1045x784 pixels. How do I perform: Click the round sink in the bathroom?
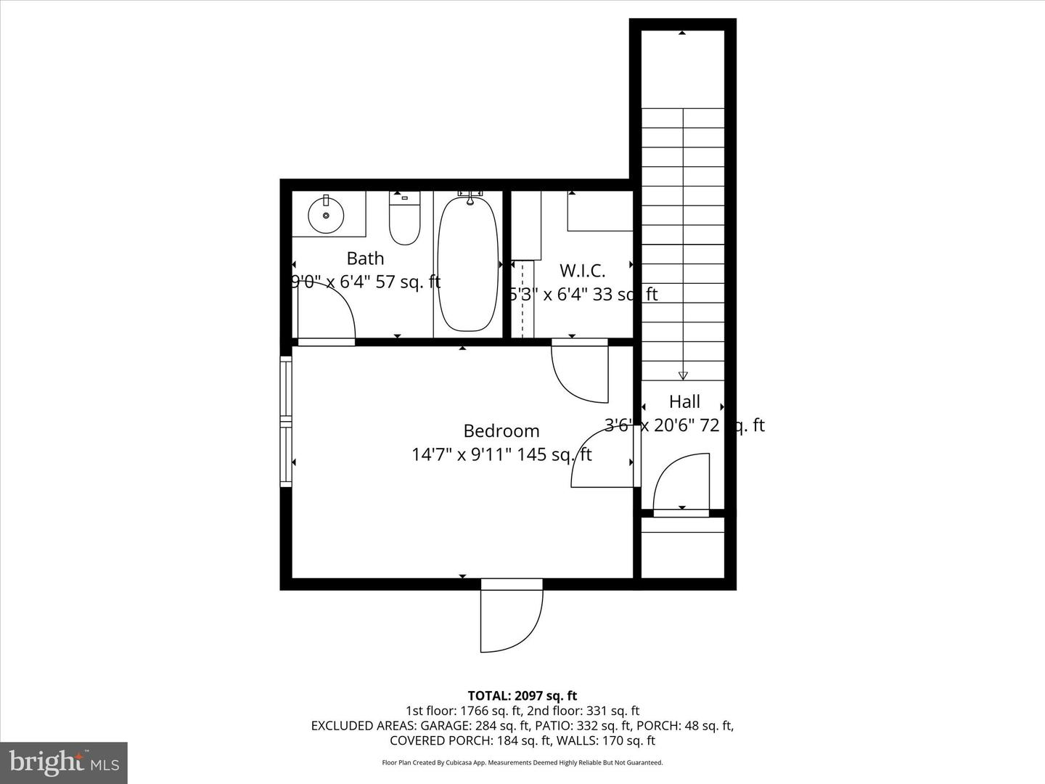(x=326, y=215)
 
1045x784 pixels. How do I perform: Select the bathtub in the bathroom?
(x=468, y=265)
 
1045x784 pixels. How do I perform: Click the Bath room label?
(x=365, y=258)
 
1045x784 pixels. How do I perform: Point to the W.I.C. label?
(x=582, y=271)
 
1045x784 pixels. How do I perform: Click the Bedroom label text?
(x=501, y=431)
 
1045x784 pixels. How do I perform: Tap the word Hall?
(x=684, y=401)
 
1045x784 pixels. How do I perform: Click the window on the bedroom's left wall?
(x=286, y=421)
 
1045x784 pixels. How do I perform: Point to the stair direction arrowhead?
(x=683, y=375)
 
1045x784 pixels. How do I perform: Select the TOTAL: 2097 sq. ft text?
(x=522, y=696)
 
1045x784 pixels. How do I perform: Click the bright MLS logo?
(x=64, y=762)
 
